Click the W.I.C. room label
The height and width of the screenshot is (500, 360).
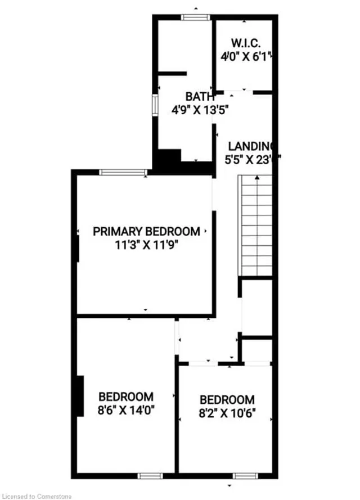pos(245,43)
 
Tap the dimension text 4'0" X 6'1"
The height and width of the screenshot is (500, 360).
pos(246,56)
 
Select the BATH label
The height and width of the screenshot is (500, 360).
pos(200,97)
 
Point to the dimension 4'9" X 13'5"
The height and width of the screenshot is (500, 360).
pos(200,110)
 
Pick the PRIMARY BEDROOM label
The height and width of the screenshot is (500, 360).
pos(146,231)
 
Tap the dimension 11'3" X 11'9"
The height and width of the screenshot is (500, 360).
pos(146,245)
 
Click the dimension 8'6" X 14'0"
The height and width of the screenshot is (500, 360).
pos(126,410)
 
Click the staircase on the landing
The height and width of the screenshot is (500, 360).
pos(256,225)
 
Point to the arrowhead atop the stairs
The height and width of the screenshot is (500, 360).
pos(256,178)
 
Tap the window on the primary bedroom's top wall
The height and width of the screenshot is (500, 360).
pos(123,172)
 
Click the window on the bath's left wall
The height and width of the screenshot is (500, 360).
pos(155,105)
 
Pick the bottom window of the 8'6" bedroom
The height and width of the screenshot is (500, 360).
pos(150,476)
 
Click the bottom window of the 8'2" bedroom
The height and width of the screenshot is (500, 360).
pos(246,476)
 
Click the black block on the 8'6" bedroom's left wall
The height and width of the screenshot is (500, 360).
pos(80,396)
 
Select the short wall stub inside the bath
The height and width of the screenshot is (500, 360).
pos(172,73)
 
